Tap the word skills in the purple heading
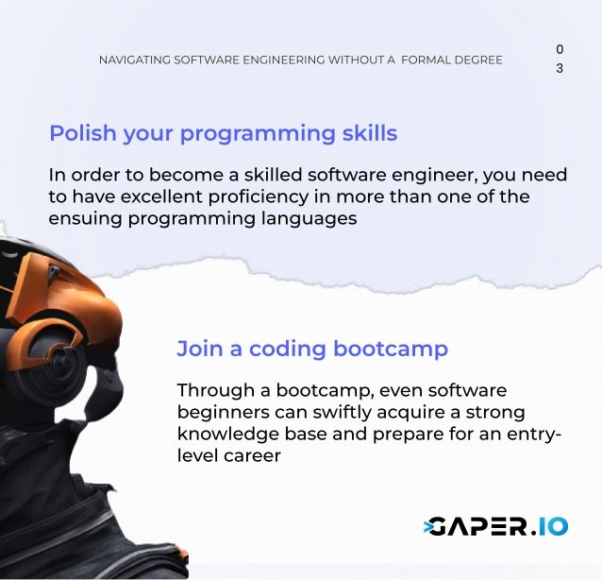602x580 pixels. [368, 133]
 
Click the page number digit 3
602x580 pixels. [560, 69]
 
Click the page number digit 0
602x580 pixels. [560, 48]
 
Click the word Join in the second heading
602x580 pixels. [196, 349]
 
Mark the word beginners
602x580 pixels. [221, 413]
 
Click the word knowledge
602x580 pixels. [225, 435]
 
